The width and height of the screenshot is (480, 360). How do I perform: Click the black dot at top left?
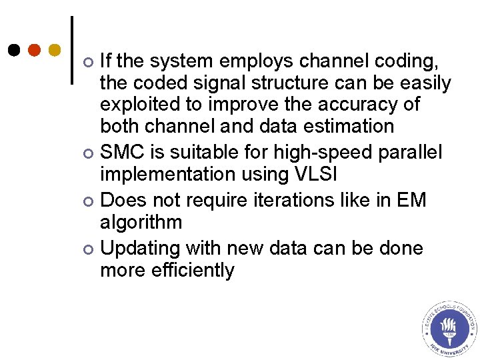point(15,50)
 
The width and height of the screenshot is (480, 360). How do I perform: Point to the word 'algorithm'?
point(141,221)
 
